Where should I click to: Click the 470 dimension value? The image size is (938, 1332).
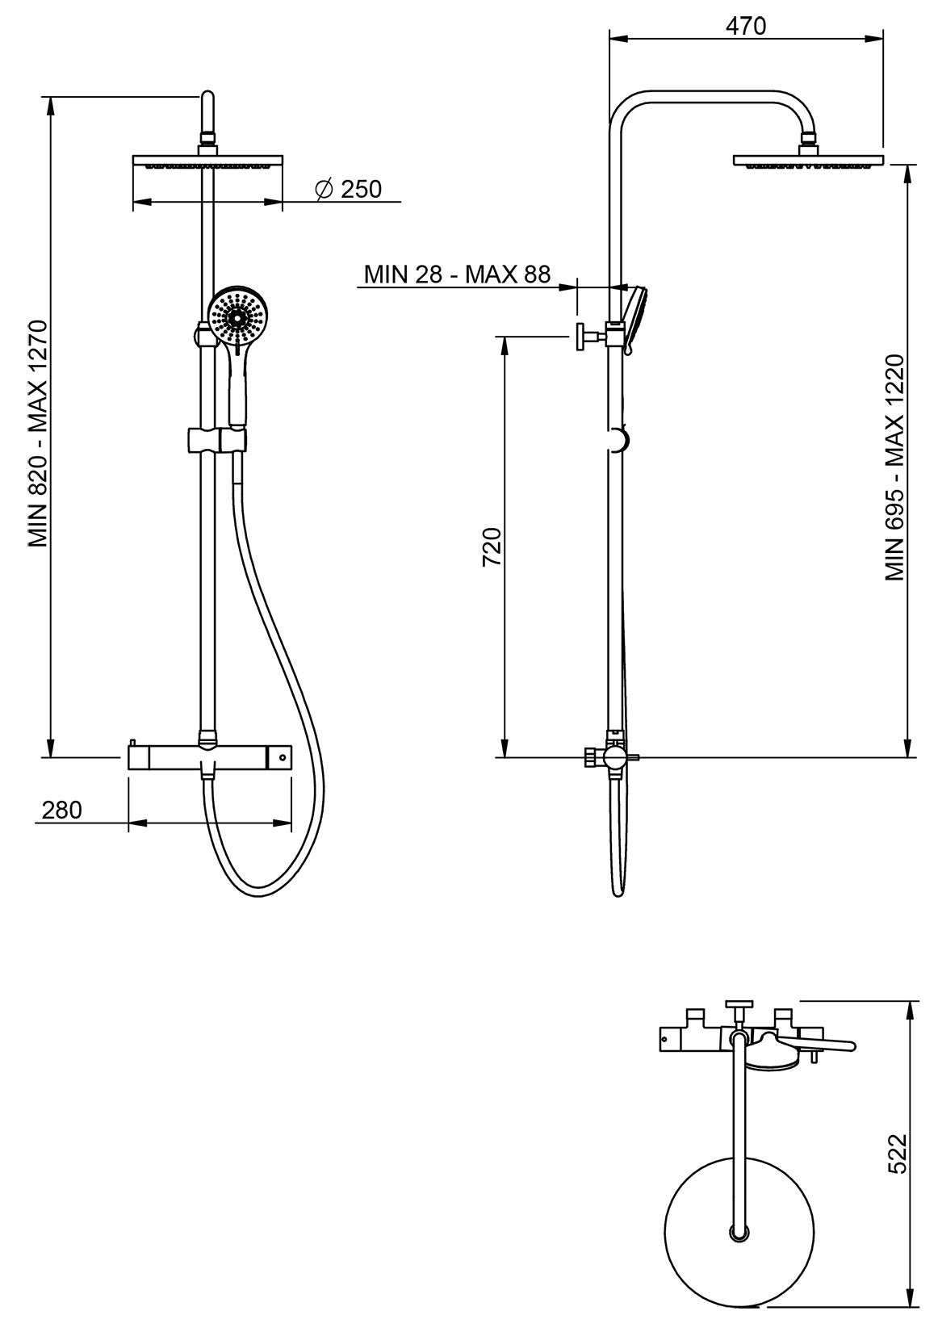[745, 26]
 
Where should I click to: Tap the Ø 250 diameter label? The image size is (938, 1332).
[349, 190]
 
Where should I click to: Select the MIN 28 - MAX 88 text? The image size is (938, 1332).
[457, 274]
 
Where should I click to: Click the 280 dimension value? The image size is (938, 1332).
[62, 810]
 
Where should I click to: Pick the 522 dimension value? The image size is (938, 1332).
[898, 1154]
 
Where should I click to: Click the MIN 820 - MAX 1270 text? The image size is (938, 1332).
[40, 434]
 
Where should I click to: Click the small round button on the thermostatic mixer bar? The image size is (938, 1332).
[282, 756]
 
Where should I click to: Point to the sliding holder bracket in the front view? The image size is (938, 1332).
[216, 441]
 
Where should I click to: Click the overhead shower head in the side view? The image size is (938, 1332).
[808, 161]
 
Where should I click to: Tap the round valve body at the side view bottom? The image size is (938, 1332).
[615, 757]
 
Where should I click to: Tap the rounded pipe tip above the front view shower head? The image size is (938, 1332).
[207, 101]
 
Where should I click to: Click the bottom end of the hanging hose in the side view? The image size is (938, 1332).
[618, 893]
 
